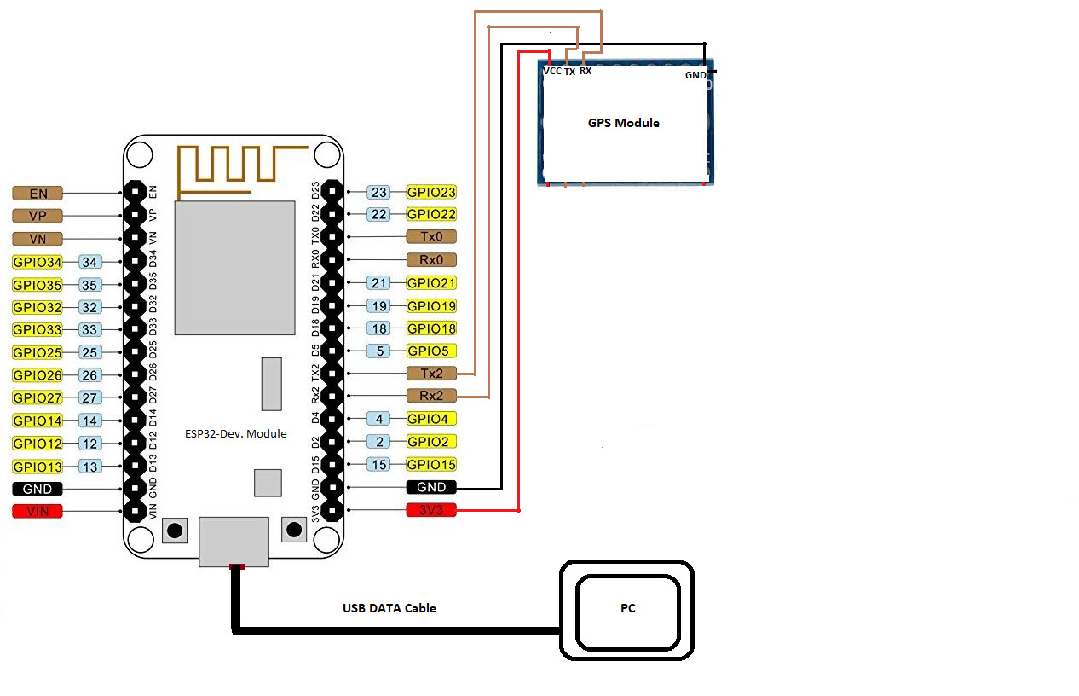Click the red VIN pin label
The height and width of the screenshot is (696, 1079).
pos(38,512)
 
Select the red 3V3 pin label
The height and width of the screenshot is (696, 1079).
pos(431,510)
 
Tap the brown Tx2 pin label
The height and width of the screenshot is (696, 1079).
pos(431,374)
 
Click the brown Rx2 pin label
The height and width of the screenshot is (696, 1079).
pos(431,396)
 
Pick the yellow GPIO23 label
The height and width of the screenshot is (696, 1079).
pos(431,192)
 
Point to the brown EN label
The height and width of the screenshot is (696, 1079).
pos(38,194)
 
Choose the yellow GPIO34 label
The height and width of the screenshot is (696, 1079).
pos(38,262)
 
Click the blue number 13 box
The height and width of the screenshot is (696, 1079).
pos(89,467)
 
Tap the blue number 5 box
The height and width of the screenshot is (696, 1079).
pos(378,351)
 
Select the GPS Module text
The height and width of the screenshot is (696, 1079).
pos(623,123)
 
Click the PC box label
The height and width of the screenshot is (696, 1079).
pos(627,609)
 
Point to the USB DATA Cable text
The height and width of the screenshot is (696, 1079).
pos(389,608)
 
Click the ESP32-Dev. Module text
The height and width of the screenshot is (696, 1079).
pos(236,433)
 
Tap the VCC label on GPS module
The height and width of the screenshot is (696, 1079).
pos(552,72)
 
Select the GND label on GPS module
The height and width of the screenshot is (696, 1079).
pos(695,75)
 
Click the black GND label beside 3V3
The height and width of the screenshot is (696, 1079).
pos(431,487)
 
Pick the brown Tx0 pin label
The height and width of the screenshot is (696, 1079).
pos(431,237)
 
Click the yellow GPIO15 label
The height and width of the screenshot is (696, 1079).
pos(431,465)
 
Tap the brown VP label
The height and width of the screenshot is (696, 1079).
pos(38,216)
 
